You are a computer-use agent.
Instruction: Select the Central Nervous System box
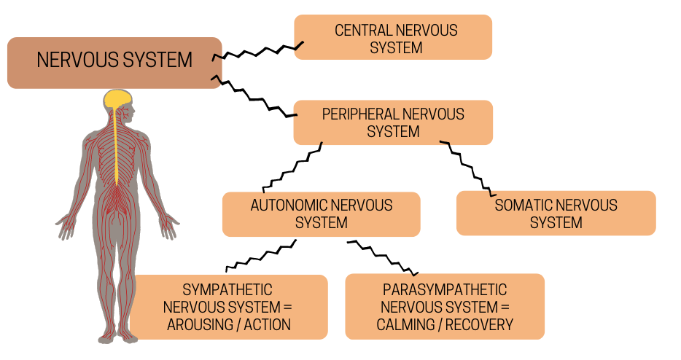(x=393, y=37)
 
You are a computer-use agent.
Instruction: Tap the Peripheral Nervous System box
(x=393, y=122)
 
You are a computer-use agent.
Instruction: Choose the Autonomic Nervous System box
(x=321, y=214)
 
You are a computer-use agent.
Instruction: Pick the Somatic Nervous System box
(x=556, y=214)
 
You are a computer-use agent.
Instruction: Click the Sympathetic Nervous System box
(x=229, y=307)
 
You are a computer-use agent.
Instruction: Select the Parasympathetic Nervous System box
(x=445, y=307)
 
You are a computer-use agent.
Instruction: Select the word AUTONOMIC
(x=287, y=206)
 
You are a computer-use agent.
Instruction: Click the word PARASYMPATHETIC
(x=445, y=290)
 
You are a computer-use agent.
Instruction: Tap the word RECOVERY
(x=477, y=325)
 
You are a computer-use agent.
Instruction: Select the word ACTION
(x=268, y=325)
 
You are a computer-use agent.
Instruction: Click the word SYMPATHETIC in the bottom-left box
(x=227, y=290)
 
